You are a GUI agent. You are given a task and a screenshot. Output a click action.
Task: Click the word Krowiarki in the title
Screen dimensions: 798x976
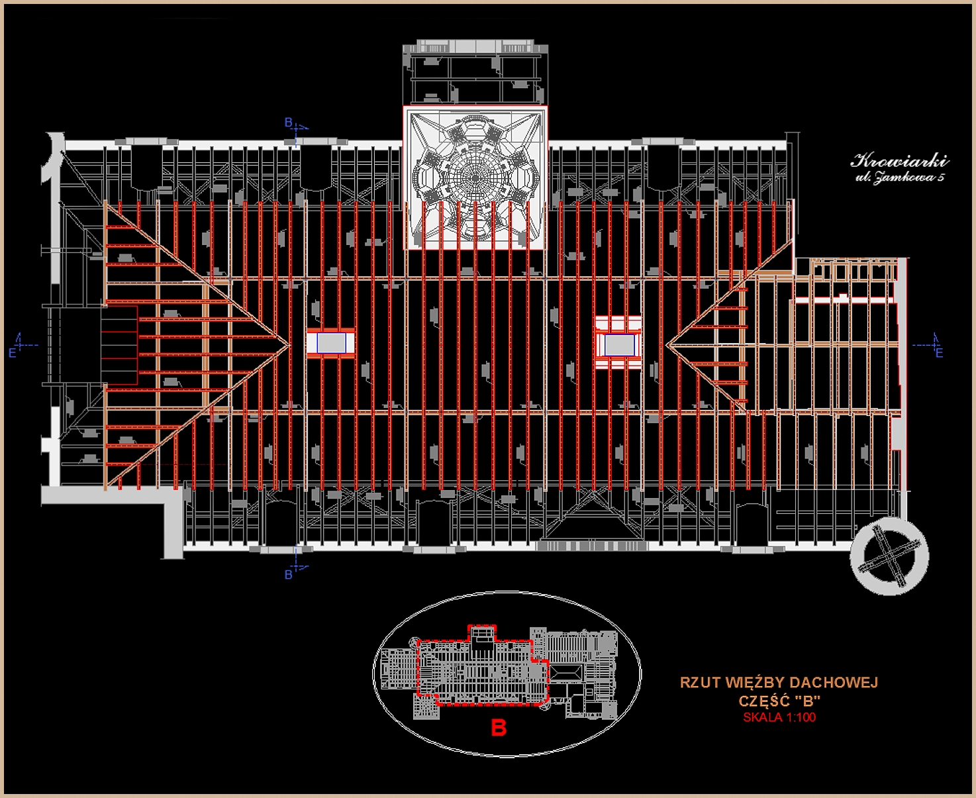899,160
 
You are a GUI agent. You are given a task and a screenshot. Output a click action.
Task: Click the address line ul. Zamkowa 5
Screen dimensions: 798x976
899,177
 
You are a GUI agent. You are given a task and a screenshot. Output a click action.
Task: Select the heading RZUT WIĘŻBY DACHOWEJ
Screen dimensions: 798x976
779,683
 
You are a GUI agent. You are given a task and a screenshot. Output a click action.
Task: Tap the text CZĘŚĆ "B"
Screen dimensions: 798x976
779,701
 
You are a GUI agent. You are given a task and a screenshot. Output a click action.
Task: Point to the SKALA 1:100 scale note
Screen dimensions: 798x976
779,717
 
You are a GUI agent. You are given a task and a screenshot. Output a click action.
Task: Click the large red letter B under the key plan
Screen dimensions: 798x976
499,728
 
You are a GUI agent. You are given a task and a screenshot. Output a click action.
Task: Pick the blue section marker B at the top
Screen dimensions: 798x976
289,123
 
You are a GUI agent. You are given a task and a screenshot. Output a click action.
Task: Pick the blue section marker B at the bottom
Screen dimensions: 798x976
289,574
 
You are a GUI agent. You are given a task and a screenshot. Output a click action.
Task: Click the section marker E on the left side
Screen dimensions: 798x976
13,353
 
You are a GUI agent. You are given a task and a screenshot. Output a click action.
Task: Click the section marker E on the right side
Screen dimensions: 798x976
939,353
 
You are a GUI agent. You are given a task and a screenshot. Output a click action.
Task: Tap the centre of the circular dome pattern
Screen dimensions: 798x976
475,177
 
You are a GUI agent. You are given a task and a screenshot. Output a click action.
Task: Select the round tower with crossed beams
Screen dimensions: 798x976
890,557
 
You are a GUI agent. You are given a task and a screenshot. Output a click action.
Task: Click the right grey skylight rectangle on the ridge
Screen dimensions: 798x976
618,344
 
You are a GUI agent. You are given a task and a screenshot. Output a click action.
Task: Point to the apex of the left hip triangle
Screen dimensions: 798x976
289,344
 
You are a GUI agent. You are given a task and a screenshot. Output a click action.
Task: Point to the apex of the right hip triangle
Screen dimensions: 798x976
667,344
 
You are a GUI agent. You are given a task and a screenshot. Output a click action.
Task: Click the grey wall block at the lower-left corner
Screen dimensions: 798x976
173,523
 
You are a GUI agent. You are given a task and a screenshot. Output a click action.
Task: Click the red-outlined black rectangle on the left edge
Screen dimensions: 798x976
120,344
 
